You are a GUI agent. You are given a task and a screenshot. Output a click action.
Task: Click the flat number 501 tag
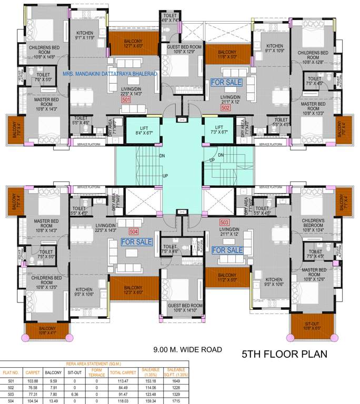click(126, 99)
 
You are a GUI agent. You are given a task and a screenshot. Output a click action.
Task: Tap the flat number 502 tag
click(225, 107)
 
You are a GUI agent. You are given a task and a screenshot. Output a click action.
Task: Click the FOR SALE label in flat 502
click(226, 83)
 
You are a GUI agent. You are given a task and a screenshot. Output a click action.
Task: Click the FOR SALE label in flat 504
click(136, 242)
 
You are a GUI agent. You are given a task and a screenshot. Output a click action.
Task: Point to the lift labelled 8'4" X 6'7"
click(139, 130)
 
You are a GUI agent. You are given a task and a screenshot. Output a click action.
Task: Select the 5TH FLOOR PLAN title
click(284, 354)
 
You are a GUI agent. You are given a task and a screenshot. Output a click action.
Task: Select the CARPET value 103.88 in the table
click(33, 380)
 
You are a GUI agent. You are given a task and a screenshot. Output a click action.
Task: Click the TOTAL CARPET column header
click(119, 372)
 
